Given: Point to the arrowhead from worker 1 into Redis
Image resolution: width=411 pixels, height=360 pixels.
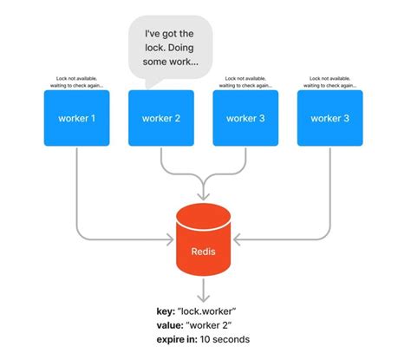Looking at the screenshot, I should [170, 237].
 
